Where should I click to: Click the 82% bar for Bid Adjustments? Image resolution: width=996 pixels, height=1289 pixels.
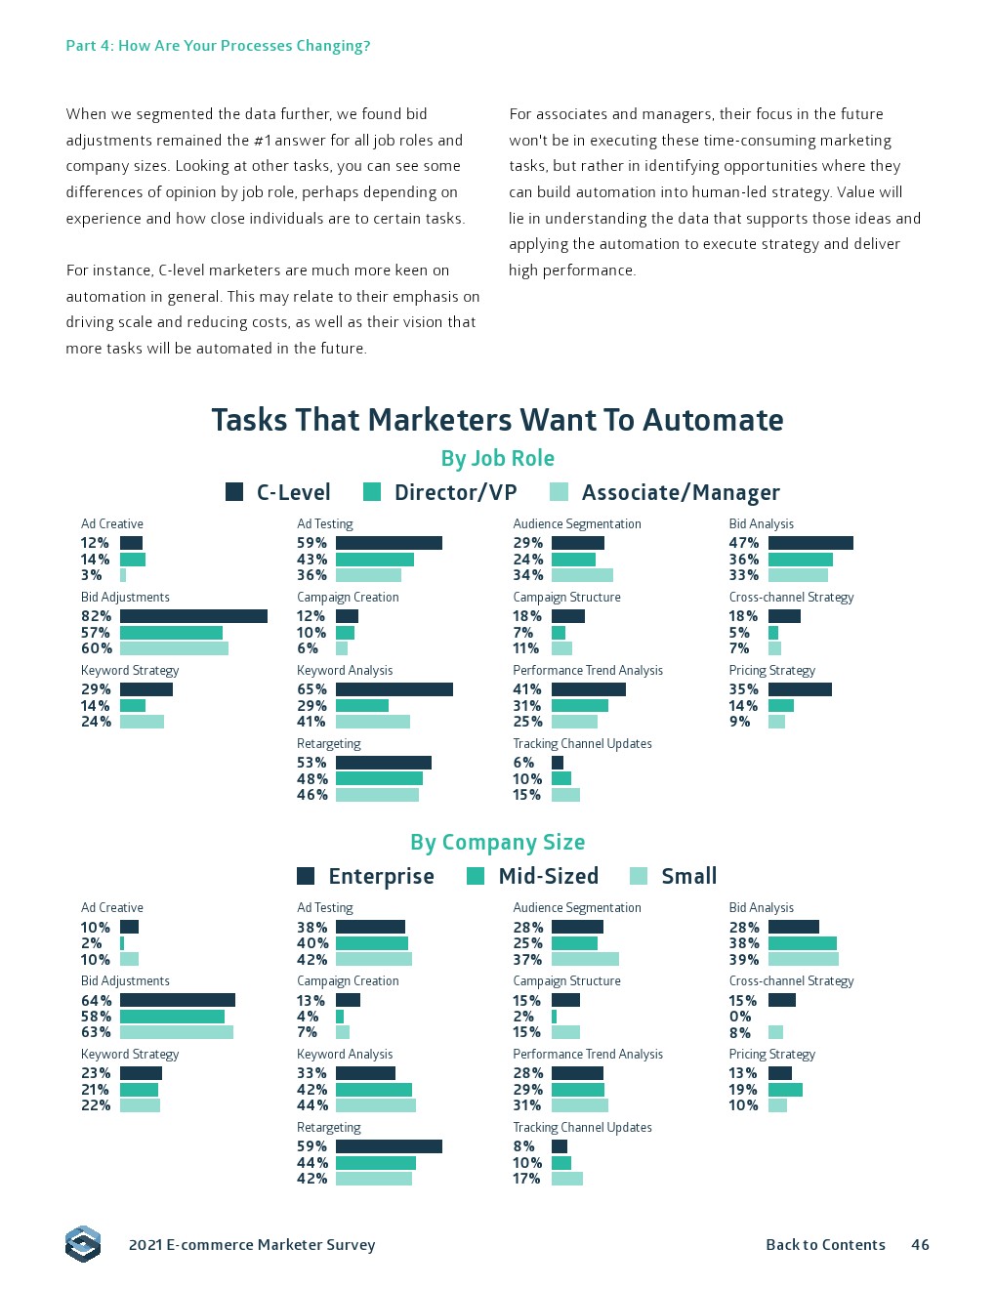pyautogui.click(x=193, y=616)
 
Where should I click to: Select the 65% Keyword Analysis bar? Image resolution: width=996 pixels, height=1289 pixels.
pyautogui.click(x=394, y=689)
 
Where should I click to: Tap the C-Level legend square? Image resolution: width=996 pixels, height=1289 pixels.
pyautogui.click(x=234, y=492)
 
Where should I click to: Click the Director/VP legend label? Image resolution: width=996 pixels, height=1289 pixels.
pyautogui.click(x=455, y=492)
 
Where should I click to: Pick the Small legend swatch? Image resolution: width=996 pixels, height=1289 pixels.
pyautogui.click(x=639, y=876)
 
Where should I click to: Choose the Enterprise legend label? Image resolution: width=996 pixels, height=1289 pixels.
pyautogui.click(x=381, y=876)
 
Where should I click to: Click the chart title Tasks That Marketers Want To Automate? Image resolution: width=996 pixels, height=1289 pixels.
pyautogui.click(x=497, y=420)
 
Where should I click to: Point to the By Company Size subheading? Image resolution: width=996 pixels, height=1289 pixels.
pyautogui.click(x=497, y=842)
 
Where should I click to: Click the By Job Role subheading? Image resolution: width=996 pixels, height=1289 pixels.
pyautogui.click(x=497, y=458)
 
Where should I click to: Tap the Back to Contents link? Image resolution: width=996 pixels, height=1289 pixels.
pyautogui.click(x=825, y=1245)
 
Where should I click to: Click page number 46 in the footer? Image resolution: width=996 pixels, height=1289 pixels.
pyautogui.click(x=920, y=1245)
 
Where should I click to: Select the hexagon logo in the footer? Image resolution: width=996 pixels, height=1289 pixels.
pyautogui.click(x=83, y=1244)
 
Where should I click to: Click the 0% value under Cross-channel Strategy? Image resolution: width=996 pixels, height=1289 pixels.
pyautogui.click(x=740, y=1017)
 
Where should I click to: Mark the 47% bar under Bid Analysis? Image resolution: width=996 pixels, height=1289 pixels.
pyautogui.click(x=810, y=543)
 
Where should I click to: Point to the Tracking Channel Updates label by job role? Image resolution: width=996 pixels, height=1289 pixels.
pyautogui.click(x=582, y=744)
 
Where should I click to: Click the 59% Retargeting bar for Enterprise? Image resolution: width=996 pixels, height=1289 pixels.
pyautogui.click(x=389, y=1146)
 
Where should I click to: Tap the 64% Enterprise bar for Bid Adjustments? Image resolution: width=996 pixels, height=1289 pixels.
pyautogui.click(x=178, y=1000)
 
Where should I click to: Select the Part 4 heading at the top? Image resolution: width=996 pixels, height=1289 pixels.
pyautogui.click(x=218, y=46)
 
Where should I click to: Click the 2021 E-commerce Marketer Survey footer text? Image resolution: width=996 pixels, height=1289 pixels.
pyautogui.click(x=252, y=1245)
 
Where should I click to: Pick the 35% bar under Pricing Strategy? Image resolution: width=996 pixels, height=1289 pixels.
pyautogui.click(x=800, y=689)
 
